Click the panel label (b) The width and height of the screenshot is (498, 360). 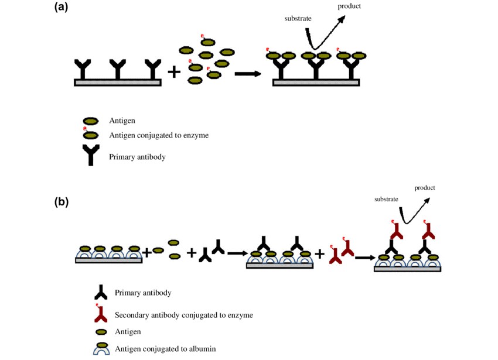click(x=62, y=203)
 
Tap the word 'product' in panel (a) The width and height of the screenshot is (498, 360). click(x=349, y=6)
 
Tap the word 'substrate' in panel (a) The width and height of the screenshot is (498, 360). click(x=298, y=18)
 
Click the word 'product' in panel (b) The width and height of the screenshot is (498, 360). click(x=425, y=188)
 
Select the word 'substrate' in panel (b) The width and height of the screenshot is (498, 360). click(x=387, y=200)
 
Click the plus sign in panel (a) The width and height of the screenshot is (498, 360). click(x=174, y=71)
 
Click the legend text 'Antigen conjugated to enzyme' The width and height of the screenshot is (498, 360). click(x=159, y=135)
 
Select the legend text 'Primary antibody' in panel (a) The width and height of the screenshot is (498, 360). click(x=137, y=157)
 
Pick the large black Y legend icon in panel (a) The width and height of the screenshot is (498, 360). click(x=90, y=155)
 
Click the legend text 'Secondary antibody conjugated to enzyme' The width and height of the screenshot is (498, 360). click(x=184, y=315)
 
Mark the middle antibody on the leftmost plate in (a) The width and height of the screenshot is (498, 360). click(x=118, y=69)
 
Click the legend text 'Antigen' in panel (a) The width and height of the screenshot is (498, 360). click(x=122, y=121)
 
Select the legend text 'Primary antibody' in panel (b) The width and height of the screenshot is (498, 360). click(x=143, y=293)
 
